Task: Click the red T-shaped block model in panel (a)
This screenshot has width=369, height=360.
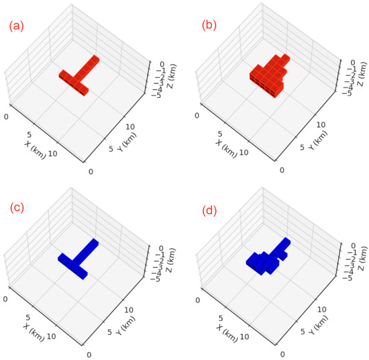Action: pos(78,77)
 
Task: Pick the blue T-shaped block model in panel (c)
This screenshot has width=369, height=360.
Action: pos(78,257)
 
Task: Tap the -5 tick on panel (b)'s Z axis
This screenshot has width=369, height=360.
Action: pos(346,93)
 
